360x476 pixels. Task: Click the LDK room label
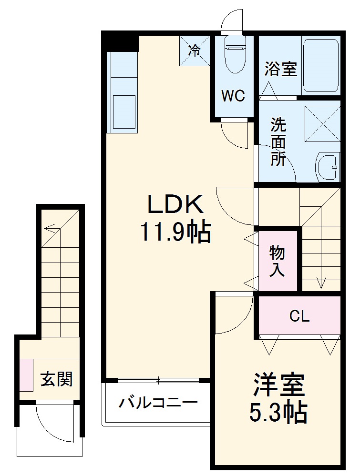tap(175, 205)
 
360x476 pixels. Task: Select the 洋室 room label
tap(278, 386)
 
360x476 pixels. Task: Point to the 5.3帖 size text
tap(278, 413)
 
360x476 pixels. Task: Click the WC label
tap(233, 96)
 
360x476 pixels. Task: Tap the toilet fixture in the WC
tap(234, 54)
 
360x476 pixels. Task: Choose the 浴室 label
tap(281, 69)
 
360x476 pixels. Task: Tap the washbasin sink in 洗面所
tap(327, 167)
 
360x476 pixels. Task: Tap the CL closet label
tap(299, 316)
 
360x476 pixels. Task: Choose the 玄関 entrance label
tap(56, 379)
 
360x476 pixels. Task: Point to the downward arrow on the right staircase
tap(321, 281)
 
